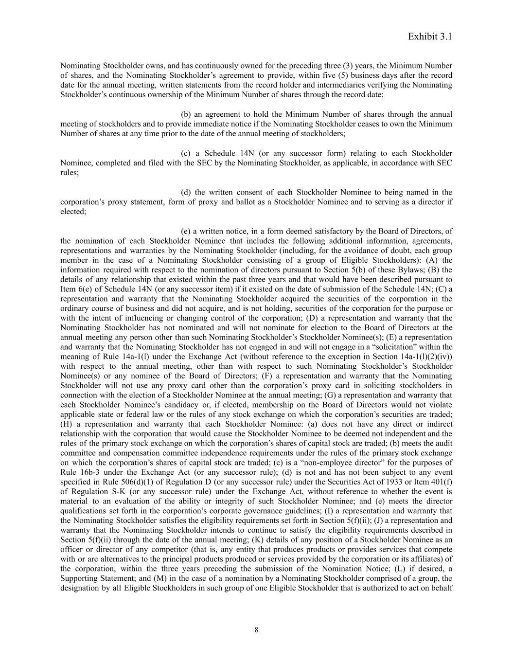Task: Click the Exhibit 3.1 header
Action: (430, 36)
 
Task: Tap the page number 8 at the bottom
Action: (256, 630)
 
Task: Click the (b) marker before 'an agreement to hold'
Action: (186, 114)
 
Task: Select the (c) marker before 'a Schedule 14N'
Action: (186, 153)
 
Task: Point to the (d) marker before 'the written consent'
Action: (186, 192)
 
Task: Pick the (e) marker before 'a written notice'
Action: (186, 231)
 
